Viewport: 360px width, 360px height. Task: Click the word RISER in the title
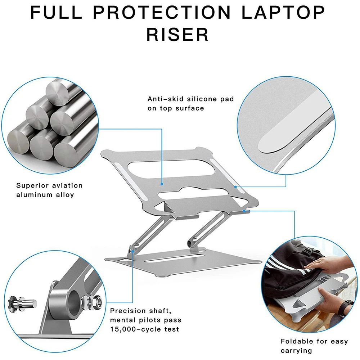[x=178, y=35]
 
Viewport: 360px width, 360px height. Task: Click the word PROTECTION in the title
[x=162, y=12]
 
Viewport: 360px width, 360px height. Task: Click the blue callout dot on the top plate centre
[x=162, y=184]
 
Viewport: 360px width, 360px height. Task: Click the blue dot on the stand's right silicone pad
[x=235, y=187]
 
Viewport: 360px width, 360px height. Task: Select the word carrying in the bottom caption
[x=296, y=350]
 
